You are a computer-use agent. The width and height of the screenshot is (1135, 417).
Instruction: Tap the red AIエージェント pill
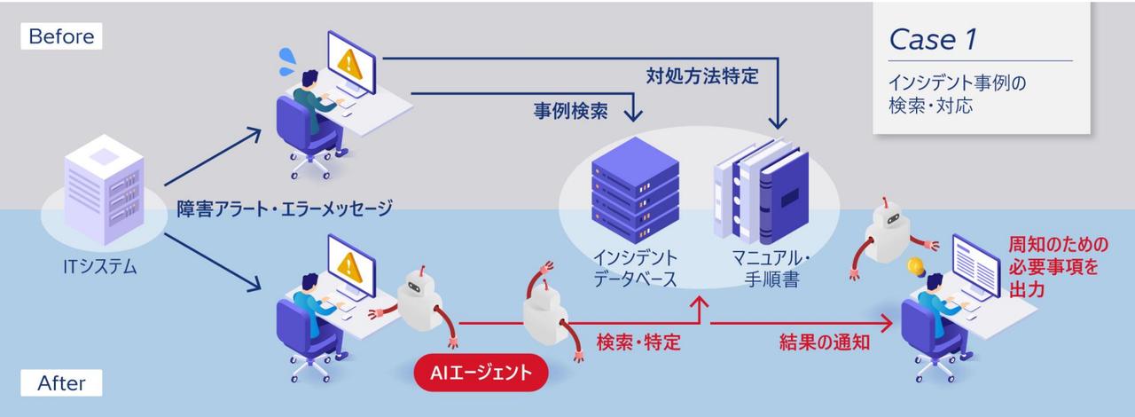481,374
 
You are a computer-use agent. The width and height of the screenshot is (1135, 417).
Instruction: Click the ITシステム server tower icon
105,191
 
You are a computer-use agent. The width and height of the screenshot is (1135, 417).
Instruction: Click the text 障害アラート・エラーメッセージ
283,209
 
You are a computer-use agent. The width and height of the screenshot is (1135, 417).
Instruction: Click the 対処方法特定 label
701,76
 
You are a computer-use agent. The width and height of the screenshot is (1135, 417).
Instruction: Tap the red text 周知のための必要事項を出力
1058,266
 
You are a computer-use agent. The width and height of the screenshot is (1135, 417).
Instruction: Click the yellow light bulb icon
915,265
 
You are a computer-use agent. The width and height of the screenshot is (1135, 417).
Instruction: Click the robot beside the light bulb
889,231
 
